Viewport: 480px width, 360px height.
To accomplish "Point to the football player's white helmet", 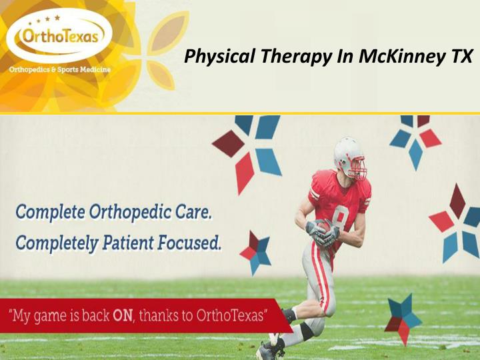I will click(x=346, y=149).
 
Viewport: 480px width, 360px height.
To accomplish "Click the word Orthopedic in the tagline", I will click(x=130, y=214).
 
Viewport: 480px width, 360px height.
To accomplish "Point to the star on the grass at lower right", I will click(x=402, y=319).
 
